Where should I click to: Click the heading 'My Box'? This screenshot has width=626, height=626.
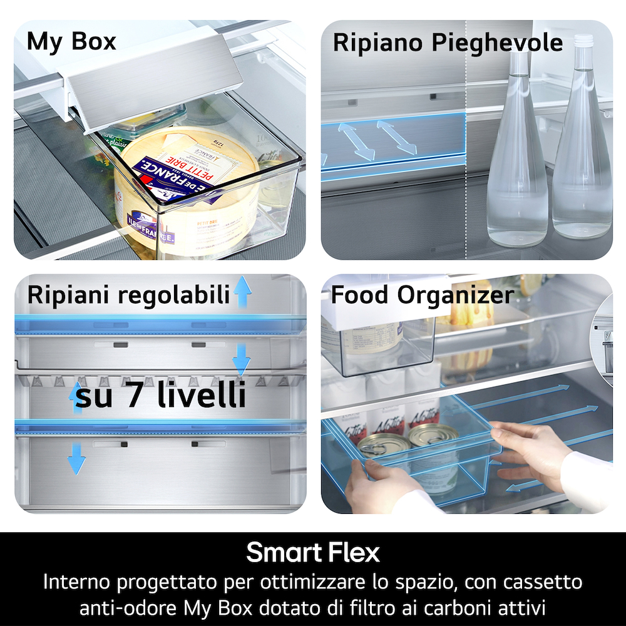click(71, 42)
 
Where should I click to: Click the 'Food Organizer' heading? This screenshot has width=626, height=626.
click(422, 295)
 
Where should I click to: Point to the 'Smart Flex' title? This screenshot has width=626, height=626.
click(312, 553)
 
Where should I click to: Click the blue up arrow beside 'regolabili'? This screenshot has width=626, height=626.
click(242, 292)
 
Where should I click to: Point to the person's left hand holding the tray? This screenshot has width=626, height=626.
click(369, 482)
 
